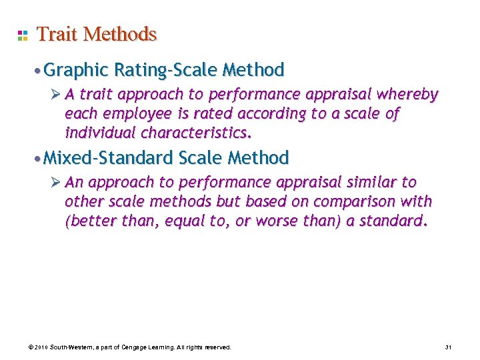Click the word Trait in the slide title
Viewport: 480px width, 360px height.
tap(56, 34)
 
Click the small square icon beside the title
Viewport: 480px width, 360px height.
tap(22, 35)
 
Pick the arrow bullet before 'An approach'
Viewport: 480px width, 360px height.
tap(57, 183)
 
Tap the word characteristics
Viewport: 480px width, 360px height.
tap(197, 132)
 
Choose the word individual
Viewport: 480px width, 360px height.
tap(98, 132)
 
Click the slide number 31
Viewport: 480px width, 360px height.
tap(448, 347)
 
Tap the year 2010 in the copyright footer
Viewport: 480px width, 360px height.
tap(40, 347)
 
